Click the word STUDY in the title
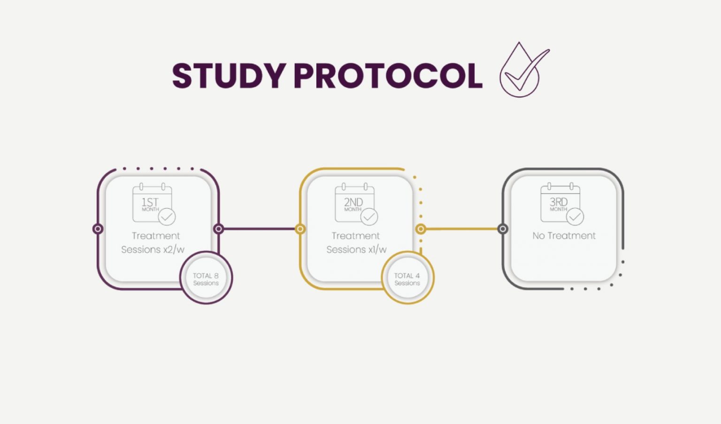point(229,76)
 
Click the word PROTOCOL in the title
point(388,76)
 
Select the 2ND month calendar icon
point(354,204)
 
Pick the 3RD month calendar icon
point(560,204)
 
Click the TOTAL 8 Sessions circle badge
point(206,278)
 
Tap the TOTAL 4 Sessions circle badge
point(407,278)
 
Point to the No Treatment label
point(564,236)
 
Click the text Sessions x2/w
point(153,250)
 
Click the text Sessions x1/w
point(356,250)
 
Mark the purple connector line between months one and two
point(259,229)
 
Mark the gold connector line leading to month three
point(462,229)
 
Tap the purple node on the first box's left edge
point(98,229)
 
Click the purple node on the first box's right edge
point(218,229)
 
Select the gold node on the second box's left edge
point(300,229)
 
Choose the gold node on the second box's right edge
point(421,229)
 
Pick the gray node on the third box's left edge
point(503,229)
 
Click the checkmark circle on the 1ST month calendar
point(167,217)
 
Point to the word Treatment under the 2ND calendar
point(356,236)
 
